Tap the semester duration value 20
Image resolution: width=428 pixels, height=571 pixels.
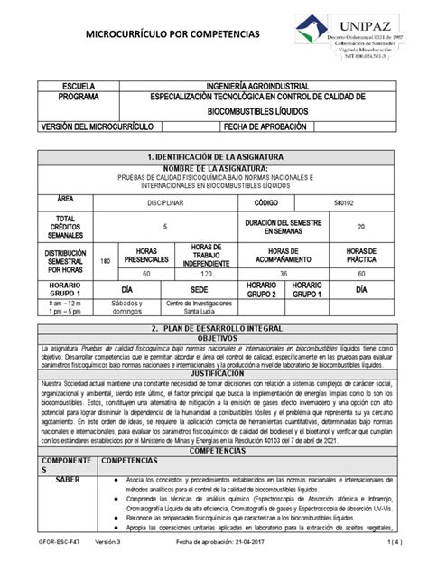coord(359,227)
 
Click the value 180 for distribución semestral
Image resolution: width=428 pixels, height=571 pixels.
coord(105,260)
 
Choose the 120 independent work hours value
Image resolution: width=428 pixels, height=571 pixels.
coord(207,272)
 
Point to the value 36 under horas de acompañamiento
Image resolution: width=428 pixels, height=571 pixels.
coord(284,272)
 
